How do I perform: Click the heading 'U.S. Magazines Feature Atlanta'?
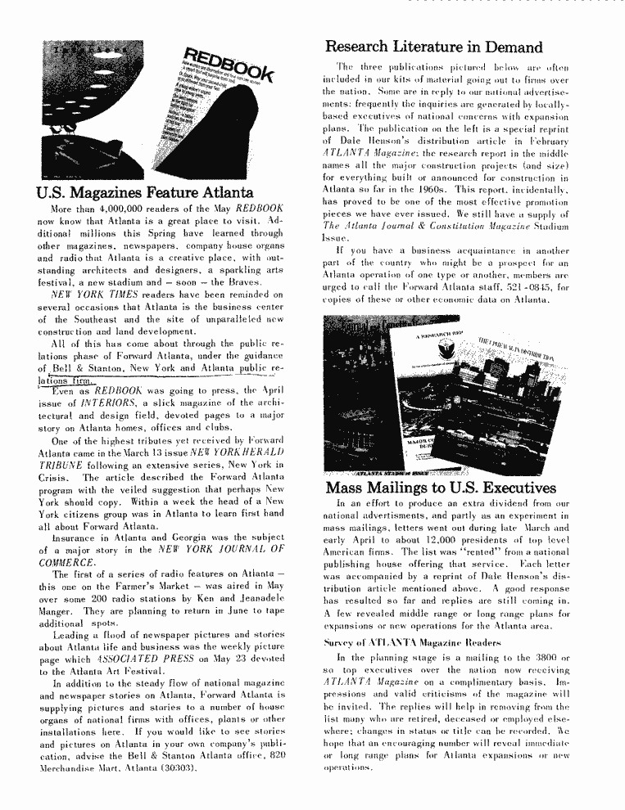coord(144,194)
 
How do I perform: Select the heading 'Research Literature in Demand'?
coord(433,47)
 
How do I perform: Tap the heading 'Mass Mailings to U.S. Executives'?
coord(441,488)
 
